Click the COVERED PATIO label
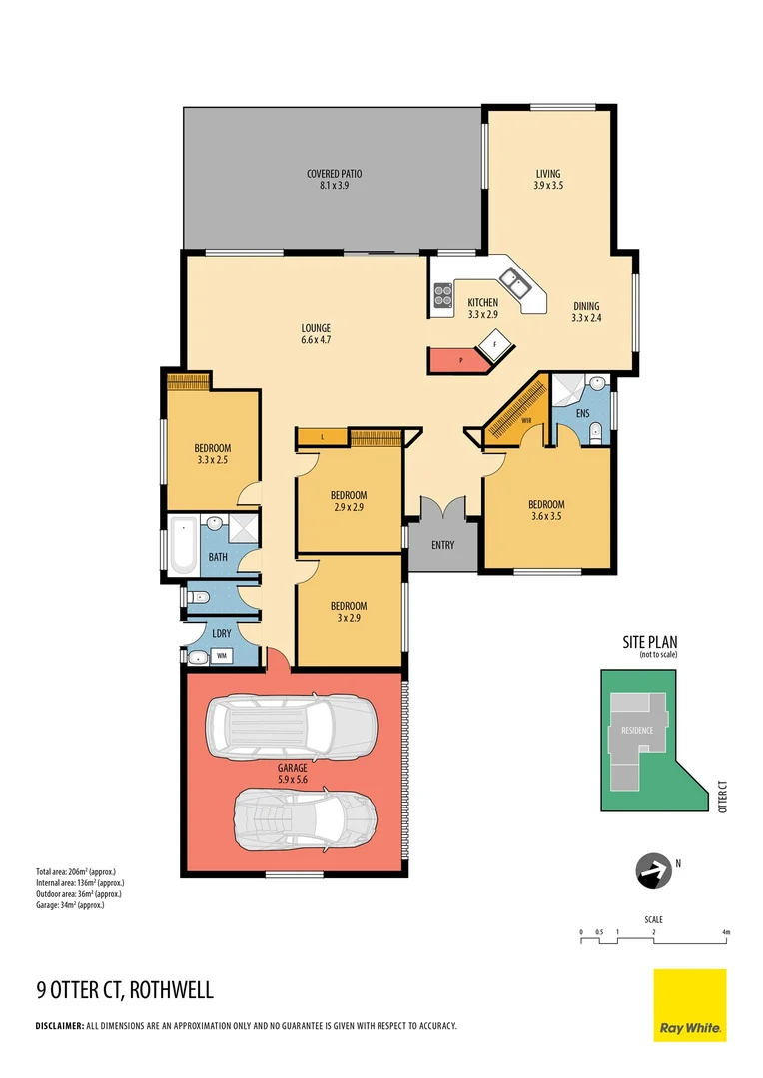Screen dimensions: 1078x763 334,174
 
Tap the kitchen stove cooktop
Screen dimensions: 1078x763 442,294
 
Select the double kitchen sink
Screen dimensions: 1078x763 517,285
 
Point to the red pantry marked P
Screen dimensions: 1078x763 460,359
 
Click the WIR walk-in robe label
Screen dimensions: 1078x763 525,420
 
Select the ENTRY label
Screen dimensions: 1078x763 442,545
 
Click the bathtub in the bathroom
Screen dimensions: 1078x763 184,546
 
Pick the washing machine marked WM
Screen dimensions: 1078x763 221,656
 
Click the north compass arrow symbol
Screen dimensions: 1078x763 653,872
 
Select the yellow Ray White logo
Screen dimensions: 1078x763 689,1005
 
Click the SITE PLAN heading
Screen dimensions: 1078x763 652,644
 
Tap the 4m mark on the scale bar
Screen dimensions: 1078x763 726,932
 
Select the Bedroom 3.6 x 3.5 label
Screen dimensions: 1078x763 546,504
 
